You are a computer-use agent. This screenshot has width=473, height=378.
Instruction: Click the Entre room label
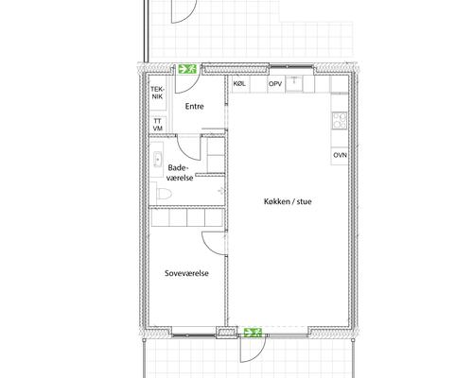pyautogui.click(x=194, y=107)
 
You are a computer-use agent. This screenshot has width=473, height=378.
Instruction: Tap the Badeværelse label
pyautogui.click(x=180, y=173)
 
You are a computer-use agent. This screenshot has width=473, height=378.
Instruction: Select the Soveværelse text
pyautogui.click(x=186, y=273)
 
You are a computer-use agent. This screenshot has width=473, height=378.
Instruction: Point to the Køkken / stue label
pyautogui.click(x=288, y=201)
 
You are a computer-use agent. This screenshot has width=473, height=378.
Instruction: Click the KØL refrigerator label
pyautogui.click(x=239, y=84)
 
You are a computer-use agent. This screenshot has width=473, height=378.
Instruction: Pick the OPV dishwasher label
pyautogui.click(x=275, y=84)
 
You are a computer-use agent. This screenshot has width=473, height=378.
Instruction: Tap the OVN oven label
pyautogui.click(x=340, y=155)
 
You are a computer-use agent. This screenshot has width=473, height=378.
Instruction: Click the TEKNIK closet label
pyautogui.click(x=157, y=93)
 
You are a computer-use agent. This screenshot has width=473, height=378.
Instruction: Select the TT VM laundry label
pyautogui.click(x=157, y=125)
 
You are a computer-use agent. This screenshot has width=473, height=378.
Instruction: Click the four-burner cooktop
pyautogui.click(x=340, y=121)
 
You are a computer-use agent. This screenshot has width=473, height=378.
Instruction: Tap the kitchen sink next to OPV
pyautogui.click(x=294, y=84)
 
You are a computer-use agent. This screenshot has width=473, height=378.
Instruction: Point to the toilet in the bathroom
pyautogui.click(x=164, y=194)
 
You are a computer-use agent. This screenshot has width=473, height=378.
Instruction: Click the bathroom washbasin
pyautogui.click(x=157, y=160)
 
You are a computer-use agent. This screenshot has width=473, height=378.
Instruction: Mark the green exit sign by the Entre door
pyautogui.click(x=187, y=69)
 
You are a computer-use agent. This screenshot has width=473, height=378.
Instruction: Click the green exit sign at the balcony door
pyautogui.click(x=253, y=333)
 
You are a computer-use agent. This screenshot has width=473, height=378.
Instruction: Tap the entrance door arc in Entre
pyautogui.click(x=192, y=88)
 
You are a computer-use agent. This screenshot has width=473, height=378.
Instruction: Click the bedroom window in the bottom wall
pyautogui.click(x=194, y=332)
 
